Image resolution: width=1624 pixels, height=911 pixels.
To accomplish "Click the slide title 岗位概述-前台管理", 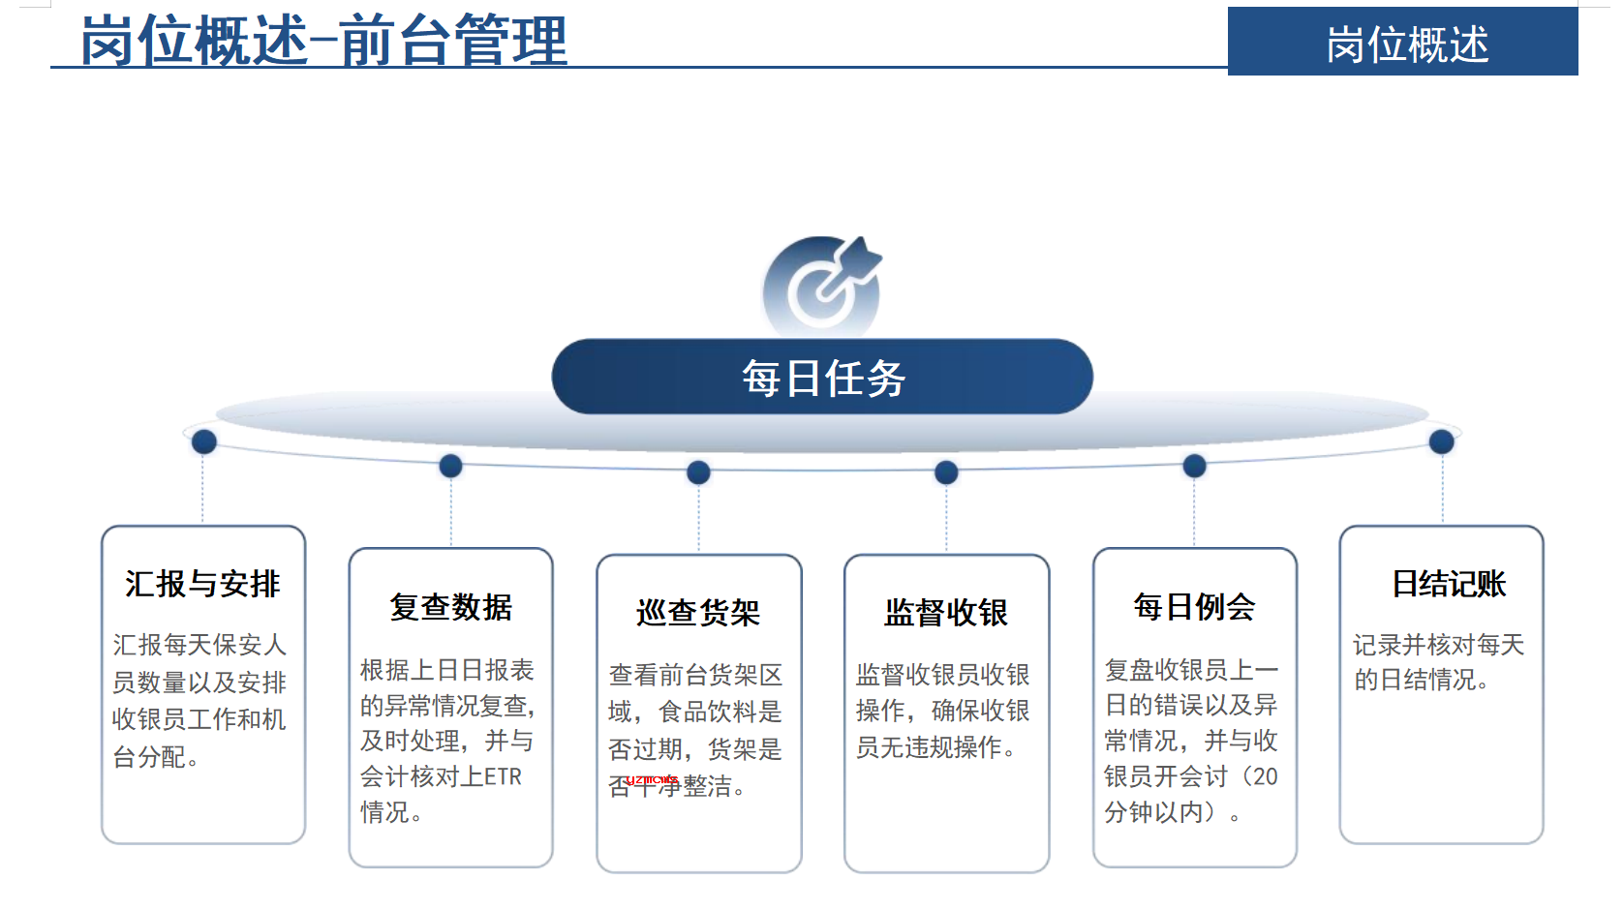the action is pos(323,41).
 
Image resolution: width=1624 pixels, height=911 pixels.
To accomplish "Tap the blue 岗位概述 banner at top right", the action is pos(1402,42).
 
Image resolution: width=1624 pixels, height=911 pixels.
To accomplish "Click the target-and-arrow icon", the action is pos(822,284).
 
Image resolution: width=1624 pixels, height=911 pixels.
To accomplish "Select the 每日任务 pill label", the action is pos(823,378).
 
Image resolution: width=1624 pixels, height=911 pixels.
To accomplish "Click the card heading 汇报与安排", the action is pos(202,584).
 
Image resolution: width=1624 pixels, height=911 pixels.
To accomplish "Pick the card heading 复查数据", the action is pos(450,607).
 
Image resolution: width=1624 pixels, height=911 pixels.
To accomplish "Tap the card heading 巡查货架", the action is pos(698,613).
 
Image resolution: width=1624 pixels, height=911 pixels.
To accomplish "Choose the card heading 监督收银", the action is pos(946,613).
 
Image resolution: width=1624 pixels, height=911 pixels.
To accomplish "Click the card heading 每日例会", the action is pos(1194,607).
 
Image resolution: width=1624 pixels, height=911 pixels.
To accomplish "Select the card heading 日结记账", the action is pos(1450,584).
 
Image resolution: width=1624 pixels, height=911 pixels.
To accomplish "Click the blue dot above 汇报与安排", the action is pos(203,441).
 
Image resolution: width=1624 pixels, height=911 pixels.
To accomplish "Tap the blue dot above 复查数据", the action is pos(450,466).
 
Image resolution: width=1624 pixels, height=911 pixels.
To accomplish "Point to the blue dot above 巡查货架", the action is pos(698,472).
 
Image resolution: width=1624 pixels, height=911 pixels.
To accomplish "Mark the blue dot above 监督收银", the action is pos(946,472).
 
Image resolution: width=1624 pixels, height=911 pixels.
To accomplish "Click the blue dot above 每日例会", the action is pos(1194,466).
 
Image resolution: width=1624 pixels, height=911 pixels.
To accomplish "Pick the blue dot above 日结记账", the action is pos(1441,441).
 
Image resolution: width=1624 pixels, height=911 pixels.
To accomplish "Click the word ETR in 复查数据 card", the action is pos(503,777).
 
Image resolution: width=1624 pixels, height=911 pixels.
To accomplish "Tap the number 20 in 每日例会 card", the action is pos(1265,777).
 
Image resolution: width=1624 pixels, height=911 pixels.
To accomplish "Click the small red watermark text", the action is pos(651,780).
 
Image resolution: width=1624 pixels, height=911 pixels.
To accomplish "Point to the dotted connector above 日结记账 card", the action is pos(1442,488).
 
